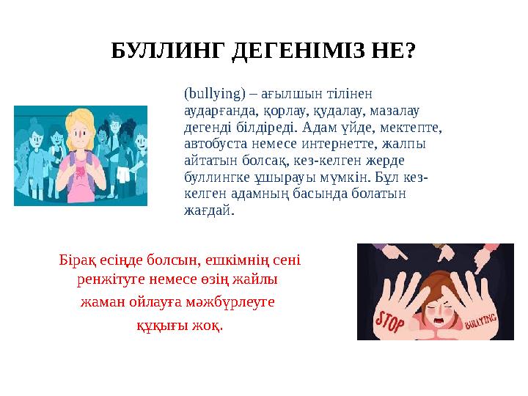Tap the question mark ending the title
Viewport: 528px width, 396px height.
411,51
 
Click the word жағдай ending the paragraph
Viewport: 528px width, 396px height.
208,210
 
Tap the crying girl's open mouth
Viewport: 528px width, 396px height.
440,320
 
